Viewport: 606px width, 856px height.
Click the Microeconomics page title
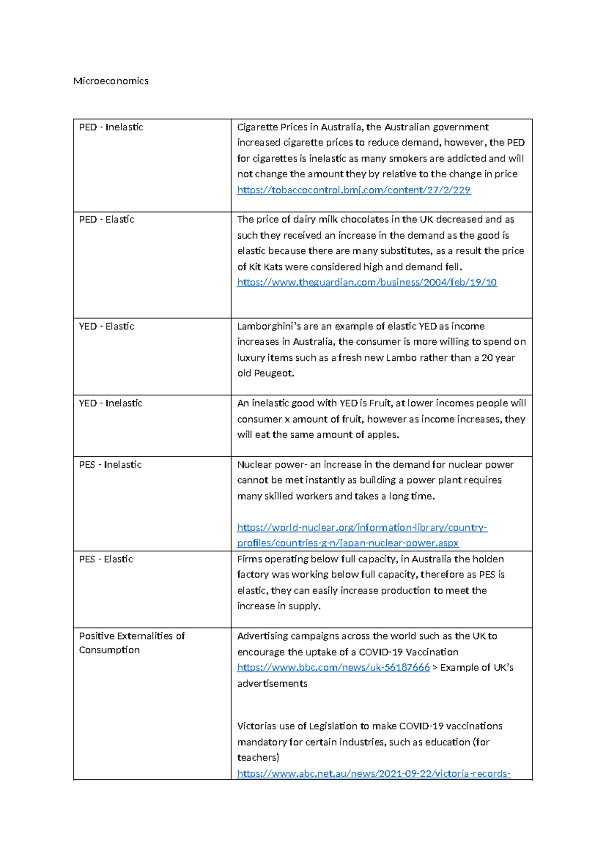(111, 81)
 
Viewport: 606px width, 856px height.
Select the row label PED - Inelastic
(111, 127)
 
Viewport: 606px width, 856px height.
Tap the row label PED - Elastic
(107, 220)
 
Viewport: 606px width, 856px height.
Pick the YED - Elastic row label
(107, 327)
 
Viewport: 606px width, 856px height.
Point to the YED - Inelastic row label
(111, 403)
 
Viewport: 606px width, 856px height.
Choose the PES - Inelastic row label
(110, 465)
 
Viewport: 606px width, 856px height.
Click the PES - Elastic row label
(106, 559)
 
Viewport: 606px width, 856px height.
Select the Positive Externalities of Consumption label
(132, 643)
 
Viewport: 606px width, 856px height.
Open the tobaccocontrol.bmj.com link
(353, 190)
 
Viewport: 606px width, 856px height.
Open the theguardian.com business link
(367, 283)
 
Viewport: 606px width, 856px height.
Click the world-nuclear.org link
(362, 528)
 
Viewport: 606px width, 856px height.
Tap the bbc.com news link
(333, 668)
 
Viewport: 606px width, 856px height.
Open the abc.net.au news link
(374, 774)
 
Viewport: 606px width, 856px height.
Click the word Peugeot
(274, 373)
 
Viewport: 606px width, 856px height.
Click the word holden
(488, 559)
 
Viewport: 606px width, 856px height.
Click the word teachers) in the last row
(258, 758)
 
